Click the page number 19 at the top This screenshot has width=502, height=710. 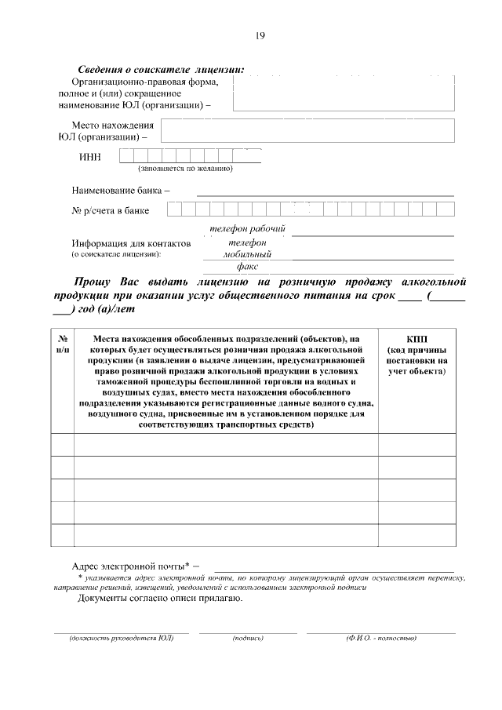pos(260,35)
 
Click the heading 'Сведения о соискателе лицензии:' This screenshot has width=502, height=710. pos(161,70)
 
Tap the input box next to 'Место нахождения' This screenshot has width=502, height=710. pos(307,131)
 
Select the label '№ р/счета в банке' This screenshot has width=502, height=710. pos(111,210)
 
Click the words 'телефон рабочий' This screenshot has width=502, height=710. pos(246,229)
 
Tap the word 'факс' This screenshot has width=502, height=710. pos(247,267)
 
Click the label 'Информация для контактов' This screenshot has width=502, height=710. pos(131,244)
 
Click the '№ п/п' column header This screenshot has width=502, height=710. pos(63,344)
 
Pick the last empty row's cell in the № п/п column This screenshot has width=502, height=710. pos(63,535)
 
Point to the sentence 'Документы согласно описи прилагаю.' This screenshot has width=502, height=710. pos(160,599)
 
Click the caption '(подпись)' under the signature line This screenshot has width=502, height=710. pos(248,638)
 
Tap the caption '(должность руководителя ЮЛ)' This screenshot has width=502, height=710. pos(121,638)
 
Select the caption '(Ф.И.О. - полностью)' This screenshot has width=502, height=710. pos(380,638)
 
